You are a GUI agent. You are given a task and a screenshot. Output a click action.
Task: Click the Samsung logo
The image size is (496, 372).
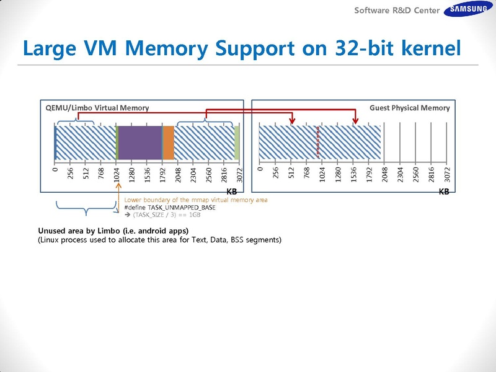click(x=467, y=10)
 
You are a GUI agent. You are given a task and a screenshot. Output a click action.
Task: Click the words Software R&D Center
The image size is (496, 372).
click(x=397, y=11)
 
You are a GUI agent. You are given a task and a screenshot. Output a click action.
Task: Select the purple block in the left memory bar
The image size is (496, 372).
click(x=139, y=143)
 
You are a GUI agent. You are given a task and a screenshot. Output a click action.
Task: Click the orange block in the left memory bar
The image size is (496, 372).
click(x=168, y=143)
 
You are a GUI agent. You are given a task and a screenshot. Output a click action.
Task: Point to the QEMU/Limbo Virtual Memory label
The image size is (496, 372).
click(x=97, y=108)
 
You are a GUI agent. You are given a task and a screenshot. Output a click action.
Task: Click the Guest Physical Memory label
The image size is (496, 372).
click(x=409, y=108)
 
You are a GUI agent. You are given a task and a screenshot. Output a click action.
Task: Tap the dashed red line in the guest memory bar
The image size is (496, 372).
click(x=318, y=143)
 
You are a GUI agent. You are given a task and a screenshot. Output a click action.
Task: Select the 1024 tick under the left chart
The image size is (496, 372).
click(x=117, y=175)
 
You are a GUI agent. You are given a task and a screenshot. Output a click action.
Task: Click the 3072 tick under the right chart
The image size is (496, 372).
click(x=446, y=175)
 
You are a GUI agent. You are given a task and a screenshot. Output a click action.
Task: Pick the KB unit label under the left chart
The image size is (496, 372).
click(x=232, y=192)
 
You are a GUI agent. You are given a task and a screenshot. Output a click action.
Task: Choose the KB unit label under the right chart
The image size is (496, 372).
click(x=444, y=192)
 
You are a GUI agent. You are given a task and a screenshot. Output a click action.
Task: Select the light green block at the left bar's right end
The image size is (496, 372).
click(x=237, y=143)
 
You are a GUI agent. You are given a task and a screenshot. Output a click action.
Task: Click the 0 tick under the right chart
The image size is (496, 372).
click(x=260, y=168)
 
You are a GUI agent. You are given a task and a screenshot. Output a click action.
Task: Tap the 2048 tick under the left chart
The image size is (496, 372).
click(x=178, y=175)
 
